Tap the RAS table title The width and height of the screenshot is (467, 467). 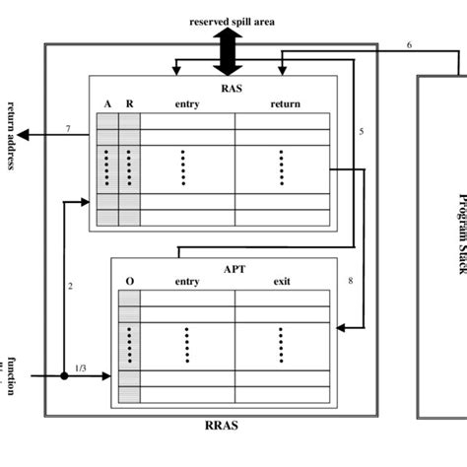tap(229, 86)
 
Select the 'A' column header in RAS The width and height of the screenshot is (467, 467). tap(107, 103)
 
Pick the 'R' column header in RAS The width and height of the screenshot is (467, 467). tap(129, 103)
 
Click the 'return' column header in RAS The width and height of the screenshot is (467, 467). tap(284, 103)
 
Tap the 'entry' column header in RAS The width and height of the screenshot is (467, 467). tap(187, 103)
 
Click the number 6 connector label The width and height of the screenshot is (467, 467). tap(409, 45)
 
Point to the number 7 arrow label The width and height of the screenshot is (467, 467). tap(67, 128)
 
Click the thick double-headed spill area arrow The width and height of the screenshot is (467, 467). tap(229, 51)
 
